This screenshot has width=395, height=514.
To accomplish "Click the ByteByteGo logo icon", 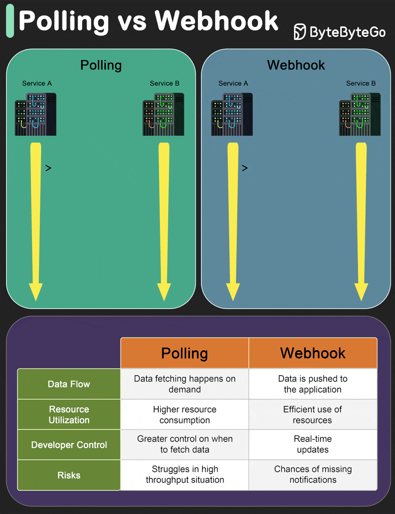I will coord(299,32).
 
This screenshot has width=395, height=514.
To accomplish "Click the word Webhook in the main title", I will coord(216,21).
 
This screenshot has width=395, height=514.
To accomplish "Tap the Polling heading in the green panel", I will coord(101,65).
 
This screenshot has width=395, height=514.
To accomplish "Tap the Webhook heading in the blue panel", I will coord(296,65).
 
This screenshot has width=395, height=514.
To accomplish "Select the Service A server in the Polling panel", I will coord(36,114).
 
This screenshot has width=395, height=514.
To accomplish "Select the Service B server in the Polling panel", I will coord(163,114).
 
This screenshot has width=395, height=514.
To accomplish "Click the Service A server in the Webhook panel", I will coord(232,114).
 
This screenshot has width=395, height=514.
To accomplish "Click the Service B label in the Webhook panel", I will coord(361,83).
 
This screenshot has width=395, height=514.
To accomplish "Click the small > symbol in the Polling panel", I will coord(48,168).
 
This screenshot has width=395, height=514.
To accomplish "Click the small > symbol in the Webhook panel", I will coord(245,168).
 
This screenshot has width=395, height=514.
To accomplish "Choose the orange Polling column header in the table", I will coord(185,353).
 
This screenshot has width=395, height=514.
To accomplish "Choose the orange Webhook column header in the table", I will coord(313,353).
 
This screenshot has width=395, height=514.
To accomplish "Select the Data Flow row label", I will coord(69,384).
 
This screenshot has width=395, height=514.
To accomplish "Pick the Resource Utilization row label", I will coord(69,415).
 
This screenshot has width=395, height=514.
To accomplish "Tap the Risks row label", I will coord(69,475).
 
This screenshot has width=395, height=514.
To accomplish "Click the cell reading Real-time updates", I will coord(313,444).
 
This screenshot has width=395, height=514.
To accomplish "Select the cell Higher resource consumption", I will coord(185,415).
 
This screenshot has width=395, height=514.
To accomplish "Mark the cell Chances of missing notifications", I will coord(313,474).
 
